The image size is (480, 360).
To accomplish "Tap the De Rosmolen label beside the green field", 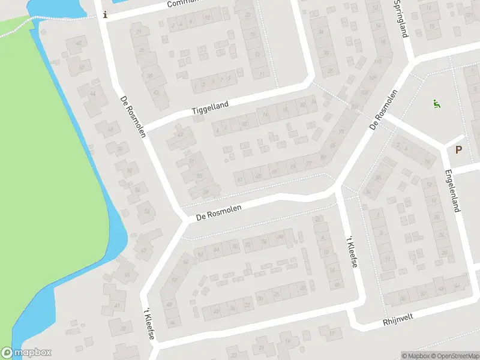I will click(133, 116).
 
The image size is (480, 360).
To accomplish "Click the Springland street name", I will click(401, 18).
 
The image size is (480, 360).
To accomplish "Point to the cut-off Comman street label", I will click(183, 4).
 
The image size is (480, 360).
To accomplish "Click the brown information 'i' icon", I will click(106, 15).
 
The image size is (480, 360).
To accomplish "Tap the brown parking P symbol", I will click(459, 150).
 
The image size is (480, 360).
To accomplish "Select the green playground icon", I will click(437, 104).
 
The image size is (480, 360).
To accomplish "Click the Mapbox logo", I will click(27, 353).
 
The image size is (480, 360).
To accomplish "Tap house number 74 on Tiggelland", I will click(265, 113).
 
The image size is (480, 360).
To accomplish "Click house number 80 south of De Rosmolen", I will click(280, 237).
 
